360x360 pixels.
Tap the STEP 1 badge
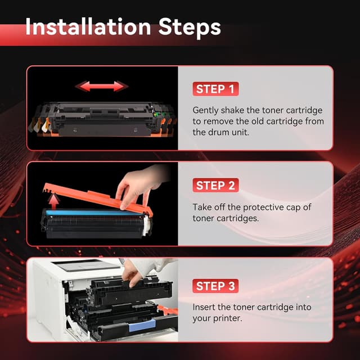pyautogui.click(x=215, y=89)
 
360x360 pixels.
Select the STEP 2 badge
pyautogui.click(x=215, y=186)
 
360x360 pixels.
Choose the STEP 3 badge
pyautogui.click(x=217, y=286)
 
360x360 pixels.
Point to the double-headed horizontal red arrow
pyautogui.click(x=102, y=86)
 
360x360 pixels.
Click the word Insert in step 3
pyautogui.click(x=205, y=307)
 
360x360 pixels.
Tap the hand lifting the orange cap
pyautogui.click(x=138, y=186)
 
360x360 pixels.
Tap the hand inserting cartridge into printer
pyautogui.click(x=135, y=272)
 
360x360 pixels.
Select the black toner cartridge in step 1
pyautogui.click(x=101, y=119)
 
